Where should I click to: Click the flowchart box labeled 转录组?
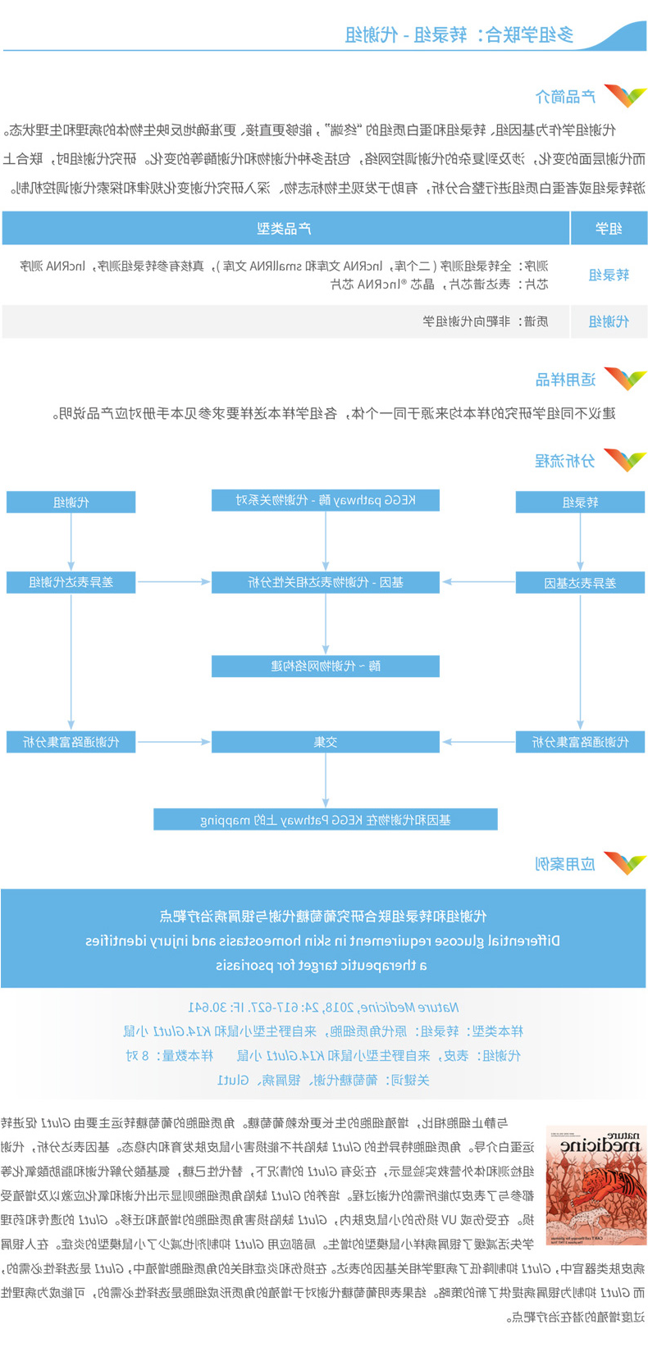coord(580,502)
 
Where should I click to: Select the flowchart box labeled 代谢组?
coord(71,502)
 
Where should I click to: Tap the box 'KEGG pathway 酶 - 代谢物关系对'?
coord(326,500)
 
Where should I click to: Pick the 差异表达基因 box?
coord(580,583)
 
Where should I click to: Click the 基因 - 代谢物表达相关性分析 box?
coord(326,582)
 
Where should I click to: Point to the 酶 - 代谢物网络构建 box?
coord(326,666)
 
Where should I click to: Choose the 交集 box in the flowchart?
coord(326,742)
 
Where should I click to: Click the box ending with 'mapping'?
coord(326,819)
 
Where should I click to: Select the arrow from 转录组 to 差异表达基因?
coord(580,542)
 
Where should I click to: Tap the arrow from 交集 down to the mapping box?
coord(326,780)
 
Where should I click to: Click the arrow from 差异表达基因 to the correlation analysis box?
coord(477,582)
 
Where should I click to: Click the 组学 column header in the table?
coord(609,228)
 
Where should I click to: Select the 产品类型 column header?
coord(285,228)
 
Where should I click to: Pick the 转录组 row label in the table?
coord(609,275)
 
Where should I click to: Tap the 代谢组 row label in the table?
coord(609,321)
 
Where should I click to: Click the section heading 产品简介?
coord(565,97)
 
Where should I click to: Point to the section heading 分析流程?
coord(565,461)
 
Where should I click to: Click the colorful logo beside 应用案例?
coord(625,863)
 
